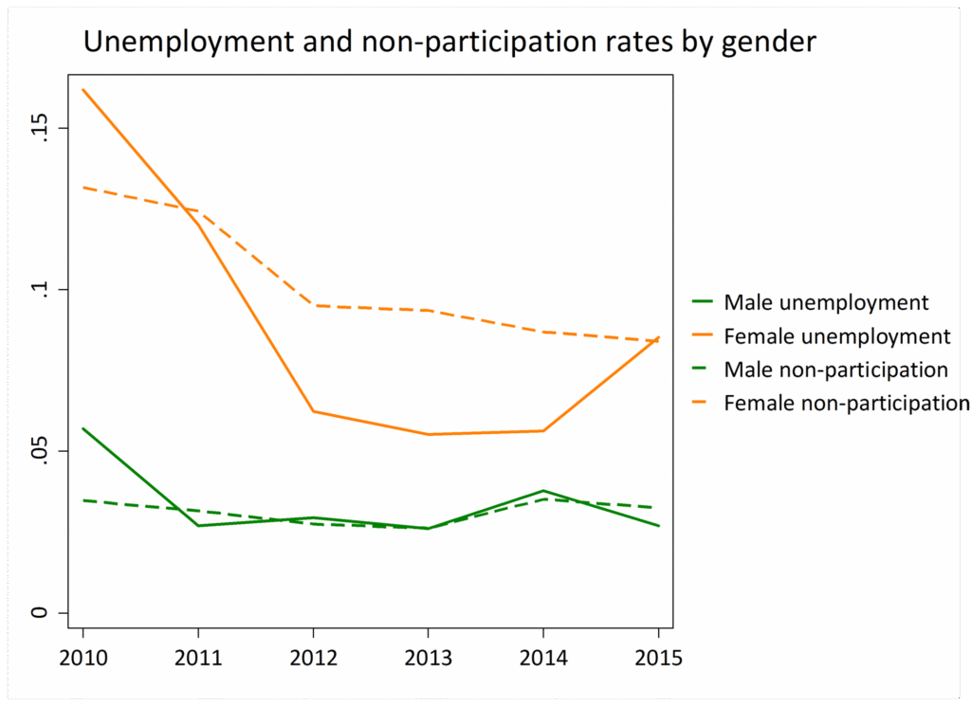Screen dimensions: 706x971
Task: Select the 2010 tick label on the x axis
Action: point(82,659)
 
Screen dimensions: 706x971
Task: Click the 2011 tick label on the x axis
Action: point(197,659)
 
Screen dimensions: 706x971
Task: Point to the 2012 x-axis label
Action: point(313,659)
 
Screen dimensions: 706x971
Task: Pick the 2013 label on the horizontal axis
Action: point(428,659)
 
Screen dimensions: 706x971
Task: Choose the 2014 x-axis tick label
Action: point(543,659)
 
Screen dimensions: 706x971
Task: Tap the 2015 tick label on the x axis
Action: point(658,659)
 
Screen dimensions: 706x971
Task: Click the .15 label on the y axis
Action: point(41,128)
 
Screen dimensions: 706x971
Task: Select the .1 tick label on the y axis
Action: point(41,289)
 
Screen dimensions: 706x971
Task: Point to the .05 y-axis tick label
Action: point(41,451)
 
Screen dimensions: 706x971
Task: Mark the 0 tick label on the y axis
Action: point(41,612)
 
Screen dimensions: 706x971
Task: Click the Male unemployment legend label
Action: point(826,303)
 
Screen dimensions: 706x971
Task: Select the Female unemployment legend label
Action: point(836,336)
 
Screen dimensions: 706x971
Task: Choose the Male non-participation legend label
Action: point(835,370)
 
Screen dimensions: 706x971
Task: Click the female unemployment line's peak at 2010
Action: point(83,89)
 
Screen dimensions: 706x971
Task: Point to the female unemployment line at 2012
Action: point(313,411)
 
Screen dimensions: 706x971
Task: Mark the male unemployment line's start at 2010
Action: point(83,428)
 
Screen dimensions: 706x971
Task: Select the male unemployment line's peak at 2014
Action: point(543,491)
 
